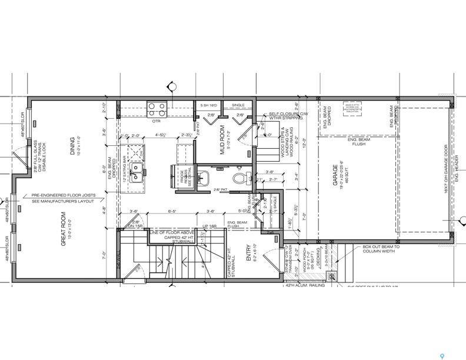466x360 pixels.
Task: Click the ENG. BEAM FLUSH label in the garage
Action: pyautogui.click(x=358, y=141)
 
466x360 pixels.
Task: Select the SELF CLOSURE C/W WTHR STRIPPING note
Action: pyautogui.click(x=286, y=116)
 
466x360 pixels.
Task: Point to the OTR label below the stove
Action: pyautogui.click(x=157, y=121)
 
